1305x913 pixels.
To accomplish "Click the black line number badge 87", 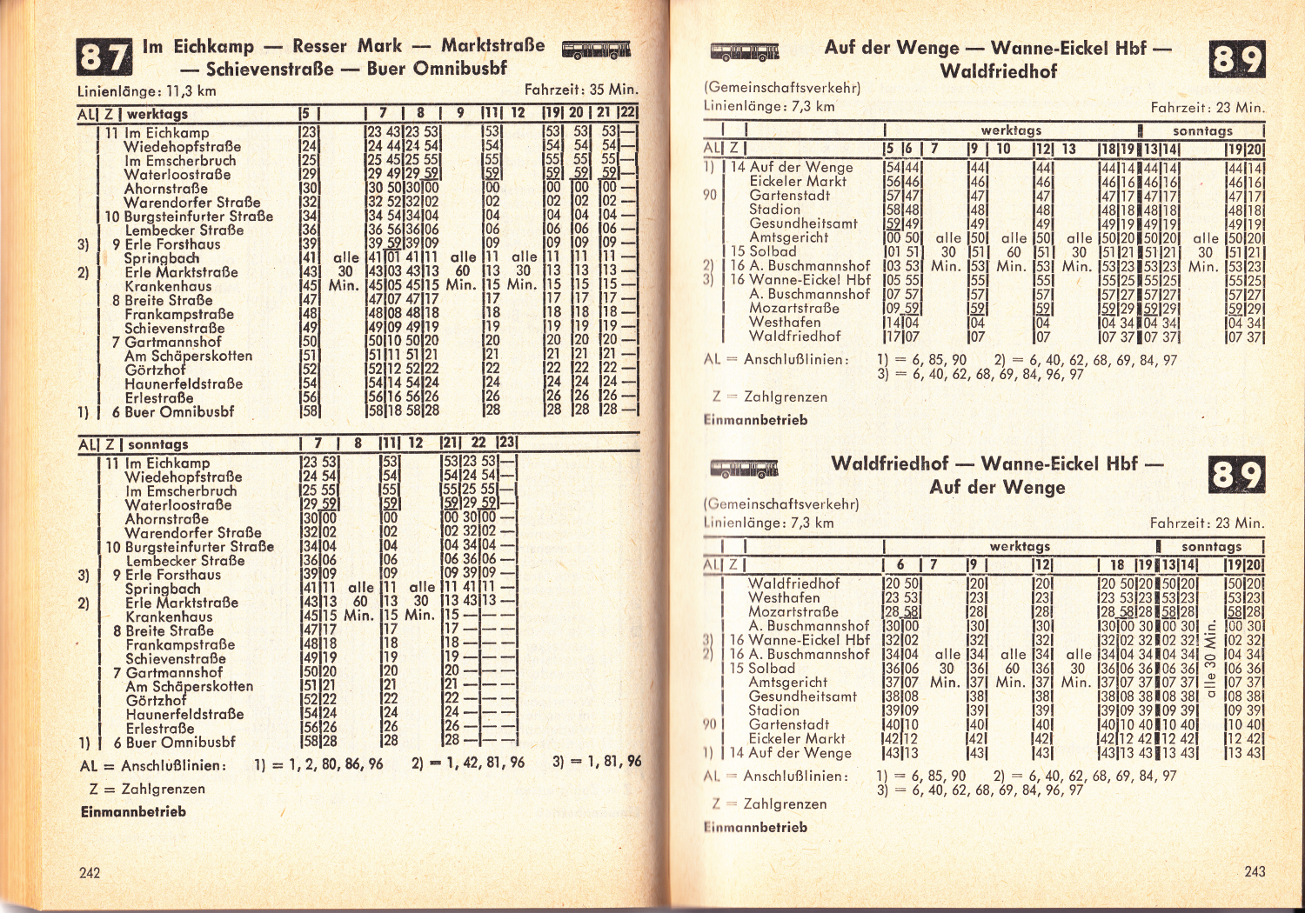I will (x=104, y=58).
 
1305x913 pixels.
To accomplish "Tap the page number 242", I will (x=90, y=872).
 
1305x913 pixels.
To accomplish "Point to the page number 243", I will (x=1255, y=871).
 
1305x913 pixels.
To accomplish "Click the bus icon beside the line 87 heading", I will (x=596, y=50).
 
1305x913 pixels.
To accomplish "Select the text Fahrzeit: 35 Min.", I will (x=580, y=90).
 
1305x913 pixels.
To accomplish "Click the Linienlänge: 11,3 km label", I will (x=146, y=91).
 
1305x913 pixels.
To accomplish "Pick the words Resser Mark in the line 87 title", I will (x=347, y=46).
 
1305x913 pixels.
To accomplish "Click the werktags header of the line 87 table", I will (x=157, y=114).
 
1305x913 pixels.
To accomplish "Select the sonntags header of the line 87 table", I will (x=158, y=444).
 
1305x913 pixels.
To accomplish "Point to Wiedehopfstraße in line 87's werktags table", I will (x=182, y=147).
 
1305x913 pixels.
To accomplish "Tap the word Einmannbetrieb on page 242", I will (x=133, y=811).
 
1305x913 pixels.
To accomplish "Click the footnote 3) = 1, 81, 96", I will (x=596, y=762).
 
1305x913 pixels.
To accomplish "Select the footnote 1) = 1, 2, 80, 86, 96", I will (x=318, y=765).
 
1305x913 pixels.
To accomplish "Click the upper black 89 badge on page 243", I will (x=1237, y=60).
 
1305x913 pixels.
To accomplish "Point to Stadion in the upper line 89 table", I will (x=774, y=210).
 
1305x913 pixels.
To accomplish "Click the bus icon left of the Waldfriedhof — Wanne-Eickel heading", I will (x=745, y=470).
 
